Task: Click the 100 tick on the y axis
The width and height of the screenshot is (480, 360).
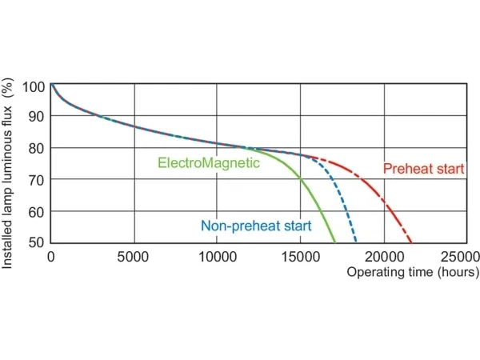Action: coord(34,86)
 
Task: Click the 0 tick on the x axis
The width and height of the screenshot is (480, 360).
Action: coord(51,257)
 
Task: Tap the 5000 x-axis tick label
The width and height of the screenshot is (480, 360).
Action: coord(134,257)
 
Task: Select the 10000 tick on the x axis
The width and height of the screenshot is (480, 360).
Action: coord(217,257)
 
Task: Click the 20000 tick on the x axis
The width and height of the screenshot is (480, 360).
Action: coord(384,257)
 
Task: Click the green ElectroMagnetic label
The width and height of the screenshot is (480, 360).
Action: coord(209,163)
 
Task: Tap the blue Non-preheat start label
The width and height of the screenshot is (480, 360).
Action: coord(256,226)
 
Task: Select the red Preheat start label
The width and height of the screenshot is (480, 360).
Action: coord(424,169)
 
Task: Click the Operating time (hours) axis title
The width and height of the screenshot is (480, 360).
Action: coord(413,273)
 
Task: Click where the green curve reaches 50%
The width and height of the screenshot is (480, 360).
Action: coord(335,242)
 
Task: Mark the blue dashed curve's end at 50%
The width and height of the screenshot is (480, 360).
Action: coord(356,242)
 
